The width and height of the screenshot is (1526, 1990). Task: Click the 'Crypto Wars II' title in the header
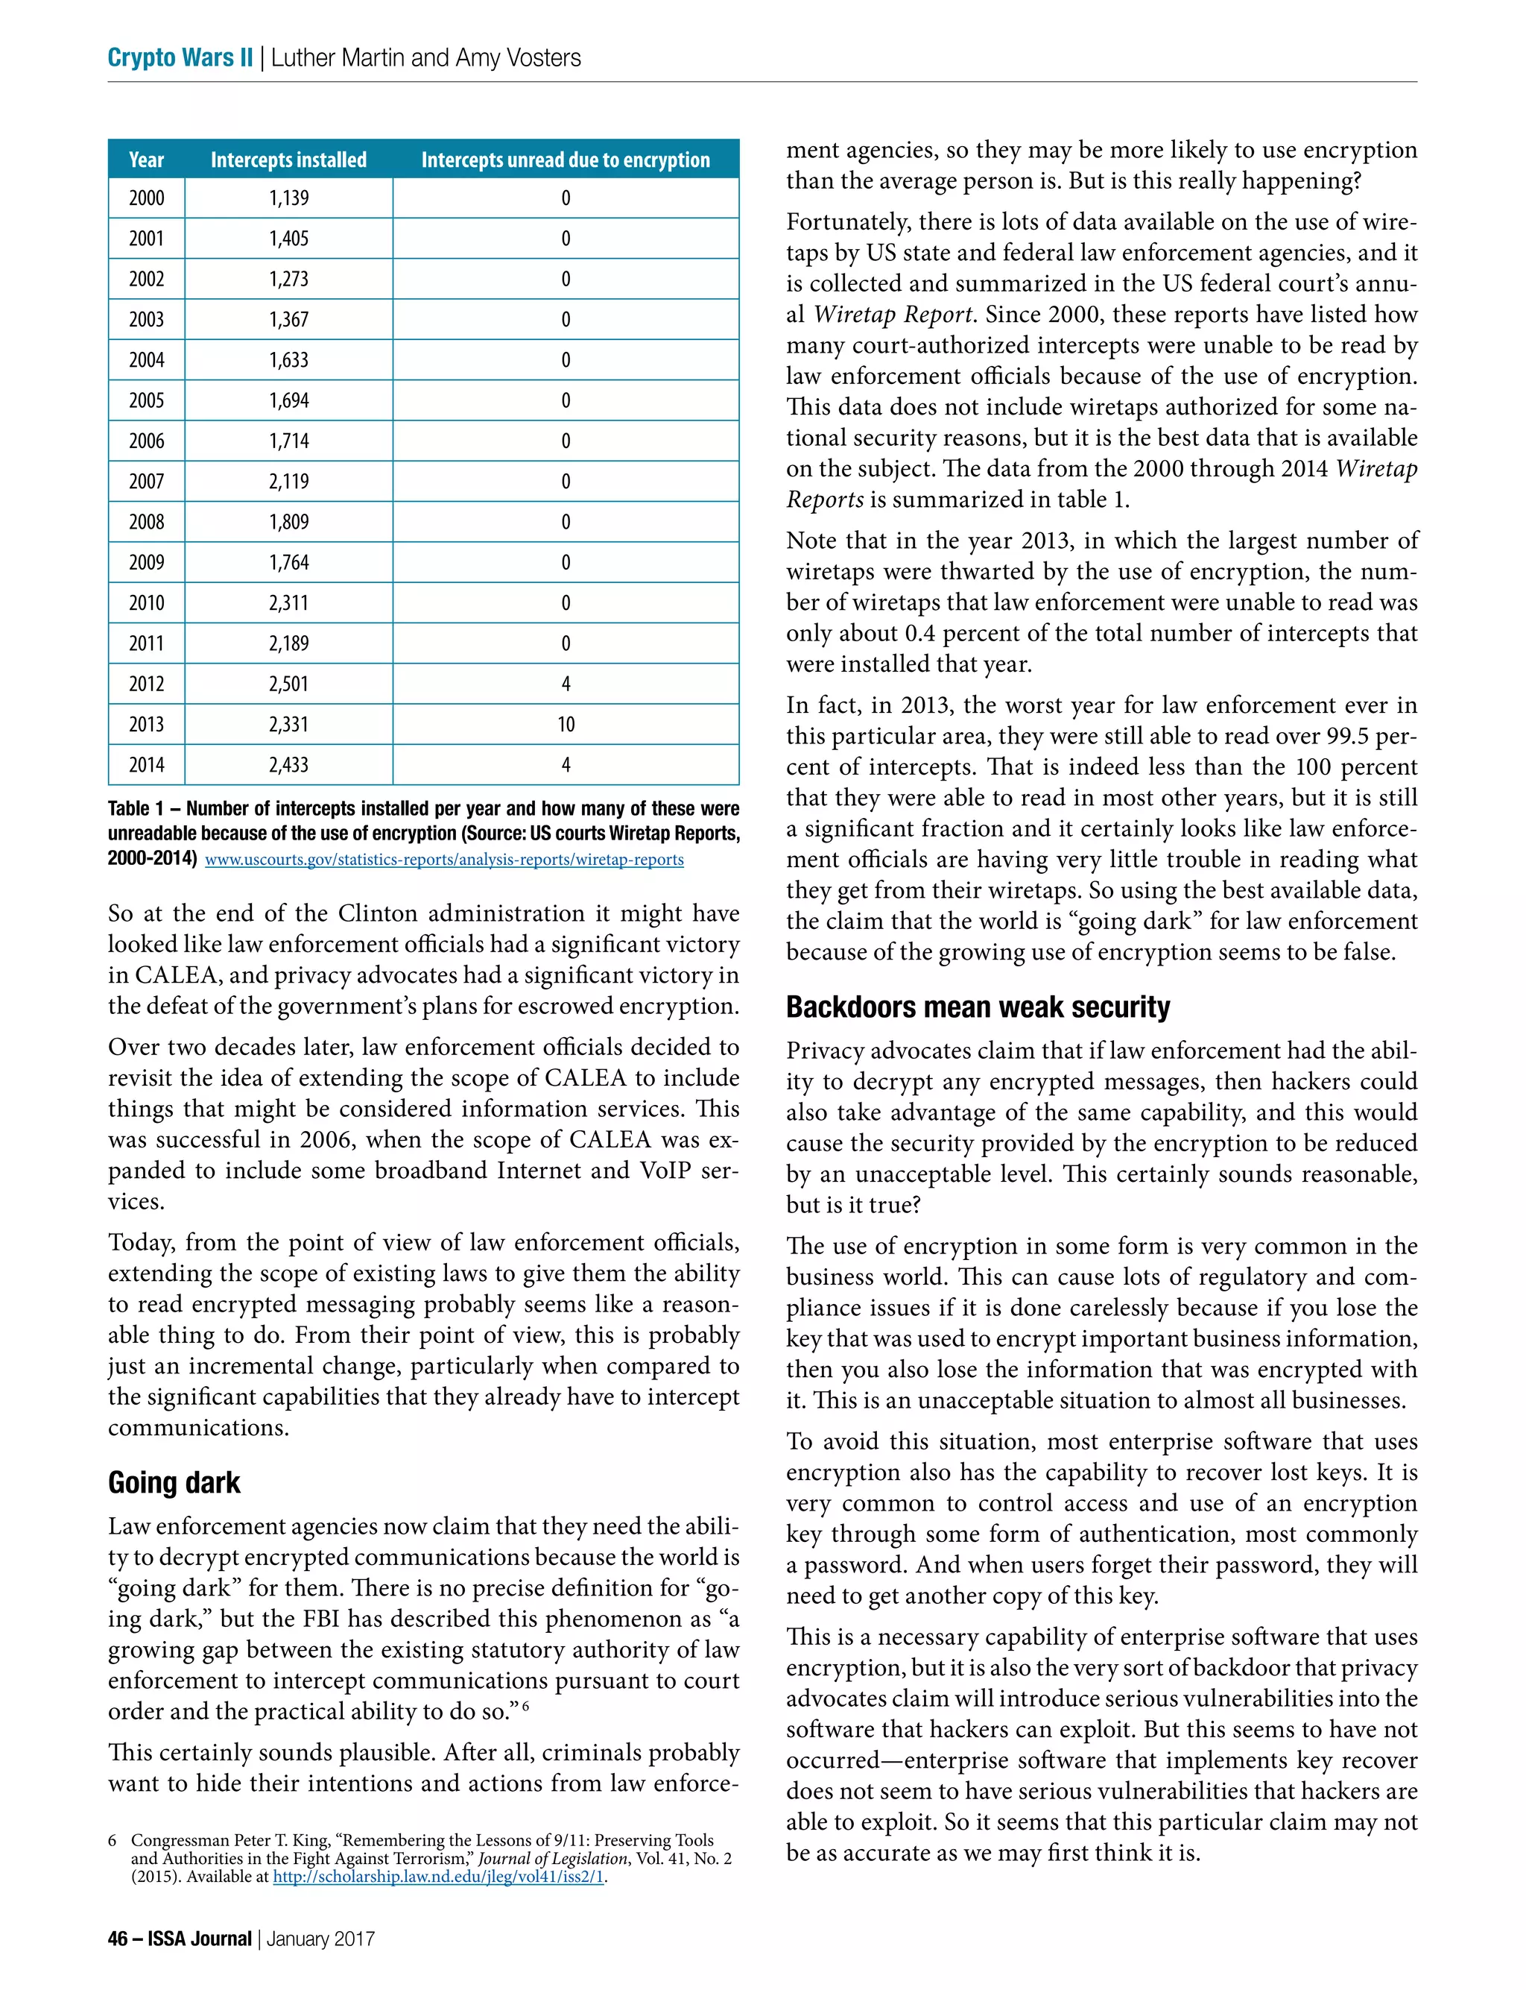point(180,57)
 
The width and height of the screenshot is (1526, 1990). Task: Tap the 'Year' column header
point(146,160)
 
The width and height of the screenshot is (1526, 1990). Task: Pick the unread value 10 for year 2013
point(565,724)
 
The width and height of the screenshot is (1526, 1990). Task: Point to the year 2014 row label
point(146,765)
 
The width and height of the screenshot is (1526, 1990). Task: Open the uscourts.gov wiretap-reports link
point(444,860)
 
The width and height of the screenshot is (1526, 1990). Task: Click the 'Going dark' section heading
point(174,1482)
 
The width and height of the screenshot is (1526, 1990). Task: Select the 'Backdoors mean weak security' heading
point(978,1007)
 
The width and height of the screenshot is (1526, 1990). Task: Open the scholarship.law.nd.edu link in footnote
point(439,1877)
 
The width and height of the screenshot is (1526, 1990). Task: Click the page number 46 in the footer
point(117,1939)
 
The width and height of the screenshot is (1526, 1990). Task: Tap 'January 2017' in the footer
point(320,1939)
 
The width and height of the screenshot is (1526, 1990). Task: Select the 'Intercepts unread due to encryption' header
point(565,160)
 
